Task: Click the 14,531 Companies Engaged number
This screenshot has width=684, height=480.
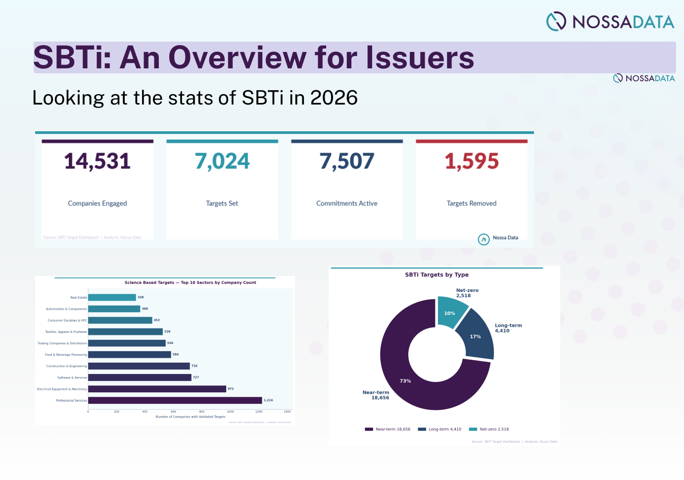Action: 98,161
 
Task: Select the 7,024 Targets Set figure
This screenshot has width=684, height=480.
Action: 222,161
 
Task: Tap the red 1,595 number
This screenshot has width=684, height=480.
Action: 472,161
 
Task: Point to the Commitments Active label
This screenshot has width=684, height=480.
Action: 346,204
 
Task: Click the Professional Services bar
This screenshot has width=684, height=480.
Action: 175,400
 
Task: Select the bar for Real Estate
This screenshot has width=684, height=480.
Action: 112,297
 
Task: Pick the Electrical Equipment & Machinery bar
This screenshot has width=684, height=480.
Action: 157,389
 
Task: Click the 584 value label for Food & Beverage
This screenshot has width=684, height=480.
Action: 176,355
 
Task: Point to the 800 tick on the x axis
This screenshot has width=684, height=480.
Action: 202,412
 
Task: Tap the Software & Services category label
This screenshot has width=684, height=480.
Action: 72,377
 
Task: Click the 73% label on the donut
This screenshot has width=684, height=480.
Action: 405,381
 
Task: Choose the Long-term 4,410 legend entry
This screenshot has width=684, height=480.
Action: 440,429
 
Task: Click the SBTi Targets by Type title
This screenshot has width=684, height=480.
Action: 437,275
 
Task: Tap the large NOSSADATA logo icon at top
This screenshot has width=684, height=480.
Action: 556,21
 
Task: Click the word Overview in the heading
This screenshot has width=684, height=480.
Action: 238,57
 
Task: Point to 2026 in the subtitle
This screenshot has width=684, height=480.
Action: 334,98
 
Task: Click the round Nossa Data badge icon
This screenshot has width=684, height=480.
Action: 484,239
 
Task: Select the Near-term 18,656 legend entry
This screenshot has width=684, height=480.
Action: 388,429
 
